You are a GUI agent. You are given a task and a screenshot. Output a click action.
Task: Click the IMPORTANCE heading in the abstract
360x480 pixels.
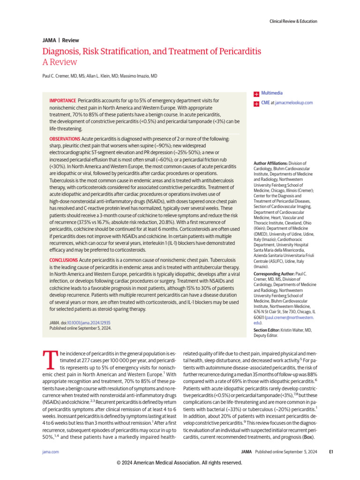click(62, 101)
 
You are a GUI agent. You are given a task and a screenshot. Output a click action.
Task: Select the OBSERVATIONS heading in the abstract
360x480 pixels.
click(65, 140)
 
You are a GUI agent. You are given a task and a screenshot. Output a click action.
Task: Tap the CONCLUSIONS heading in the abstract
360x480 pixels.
click(64, 259)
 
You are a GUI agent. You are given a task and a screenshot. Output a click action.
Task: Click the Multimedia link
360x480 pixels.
click(272, 93)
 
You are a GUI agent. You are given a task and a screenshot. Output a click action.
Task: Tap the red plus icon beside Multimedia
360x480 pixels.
click(256, 94)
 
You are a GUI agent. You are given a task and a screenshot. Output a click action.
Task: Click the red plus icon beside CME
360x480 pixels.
click(256, 103)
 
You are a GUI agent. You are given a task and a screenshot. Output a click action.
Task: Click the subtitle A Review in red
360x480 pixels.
click(60, 62)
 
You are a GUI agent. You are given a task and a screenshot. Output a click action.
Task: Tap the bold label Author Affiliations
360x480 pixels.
click(271, 163)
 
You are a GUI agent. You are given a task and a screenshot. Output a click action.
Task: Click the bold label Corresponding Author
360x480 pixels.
click(273, 273)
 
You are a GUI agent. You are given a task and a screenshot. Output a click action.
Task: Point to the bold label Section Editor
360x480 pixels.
click(266, 330)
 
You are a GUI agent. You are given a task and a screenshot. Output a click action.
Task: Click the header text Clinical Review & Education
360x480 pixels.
click(293, 21)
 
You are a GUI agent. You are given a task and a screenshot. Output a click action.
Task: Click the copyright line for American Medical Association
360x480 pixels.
click(180, 463)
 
